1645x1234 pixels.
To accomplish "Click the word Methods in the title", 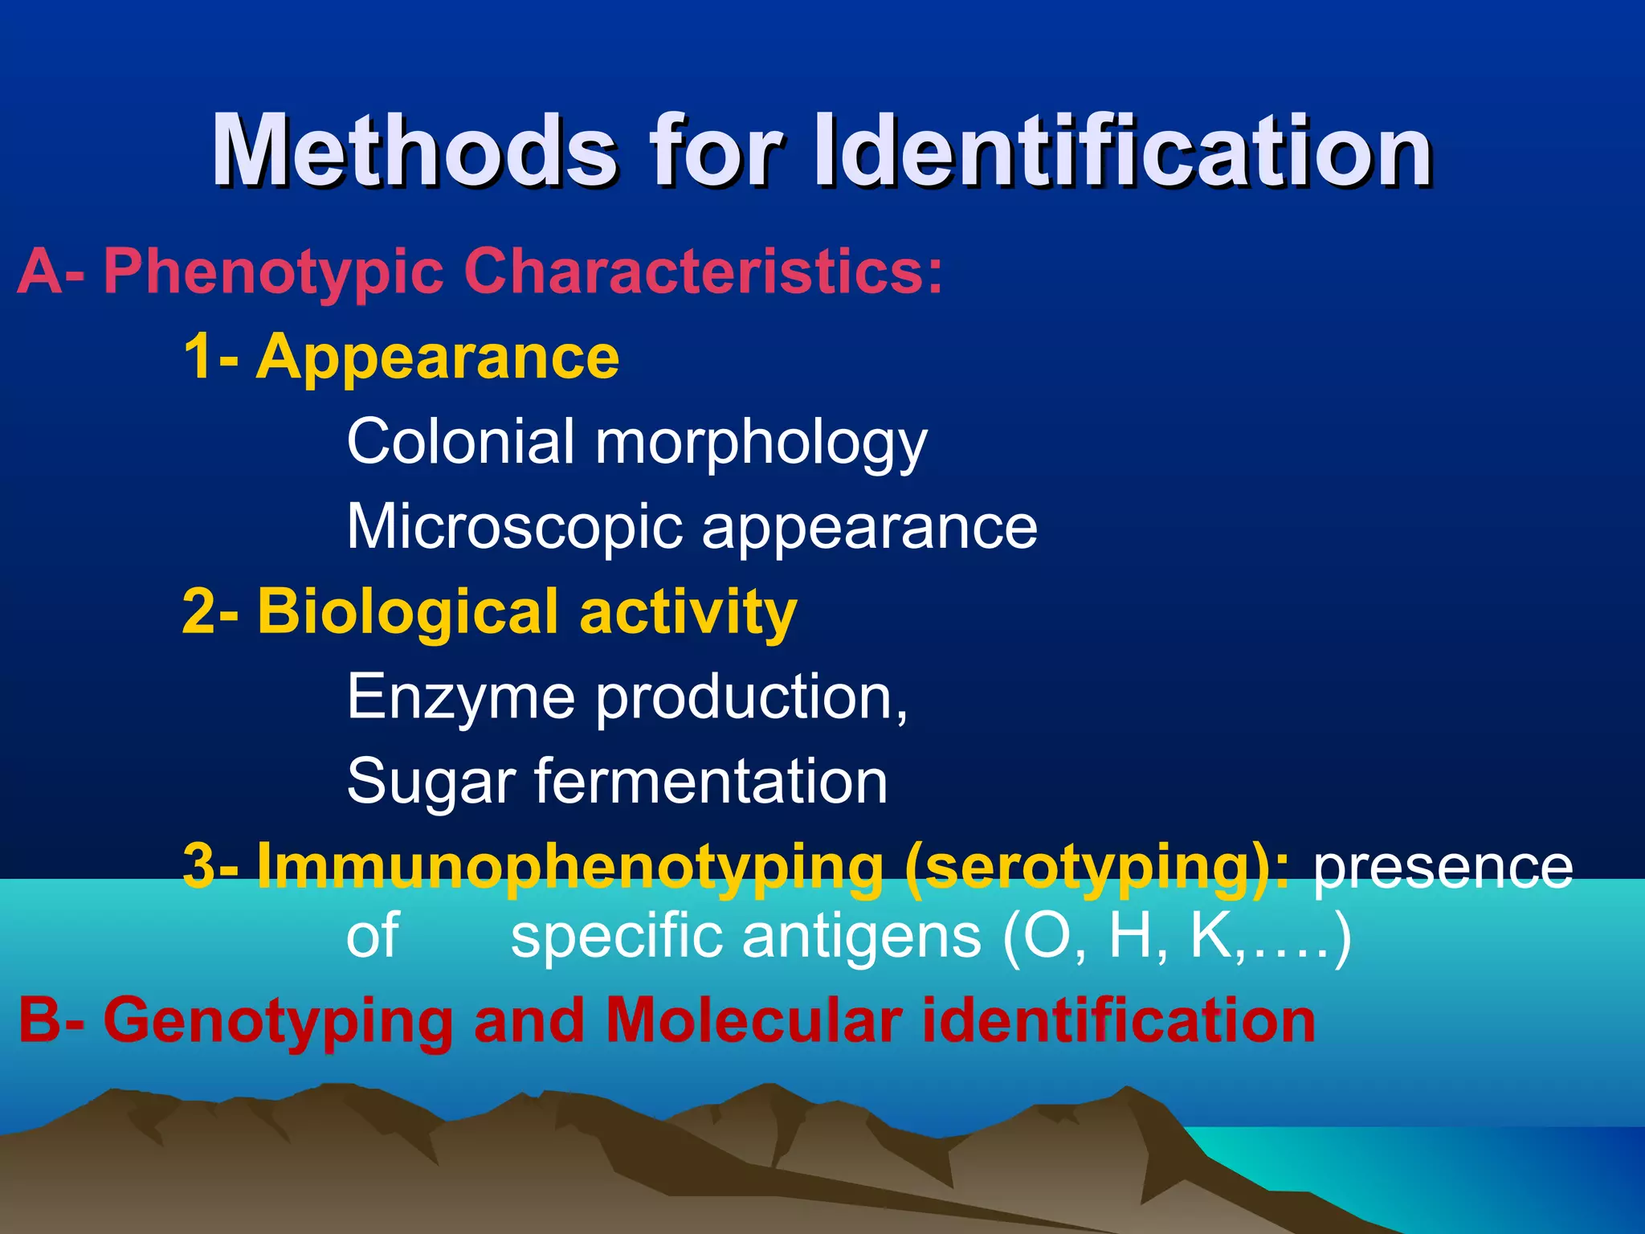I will (x=414, y=150).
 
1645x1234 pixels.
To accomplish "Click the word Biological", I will (x=407, y=612).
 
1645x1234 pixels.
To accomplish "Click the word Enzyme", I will (x=461, y=697).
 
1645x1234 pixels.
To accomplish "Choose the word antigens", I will (x=862, y=938).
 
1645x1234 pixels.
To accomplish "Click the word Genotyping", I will (x=278, y=1022).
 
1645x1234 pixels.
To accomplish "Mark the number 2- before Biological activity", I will (x=210, y=612).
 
